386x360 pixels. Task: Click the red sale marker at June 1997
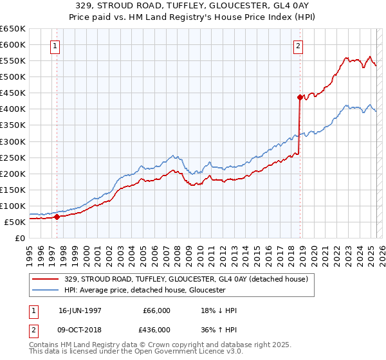pos(57,217)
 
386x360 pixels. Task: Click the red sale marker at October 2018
pos(300,97)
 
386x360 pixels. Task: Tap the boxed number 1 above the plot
pos(56,46)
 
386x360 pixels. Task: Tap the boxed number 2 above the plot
pos(299,46)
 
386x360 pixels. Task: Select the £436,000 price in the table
pos(156,330)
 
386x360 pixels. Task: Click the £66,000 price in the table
pos(156,310)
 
